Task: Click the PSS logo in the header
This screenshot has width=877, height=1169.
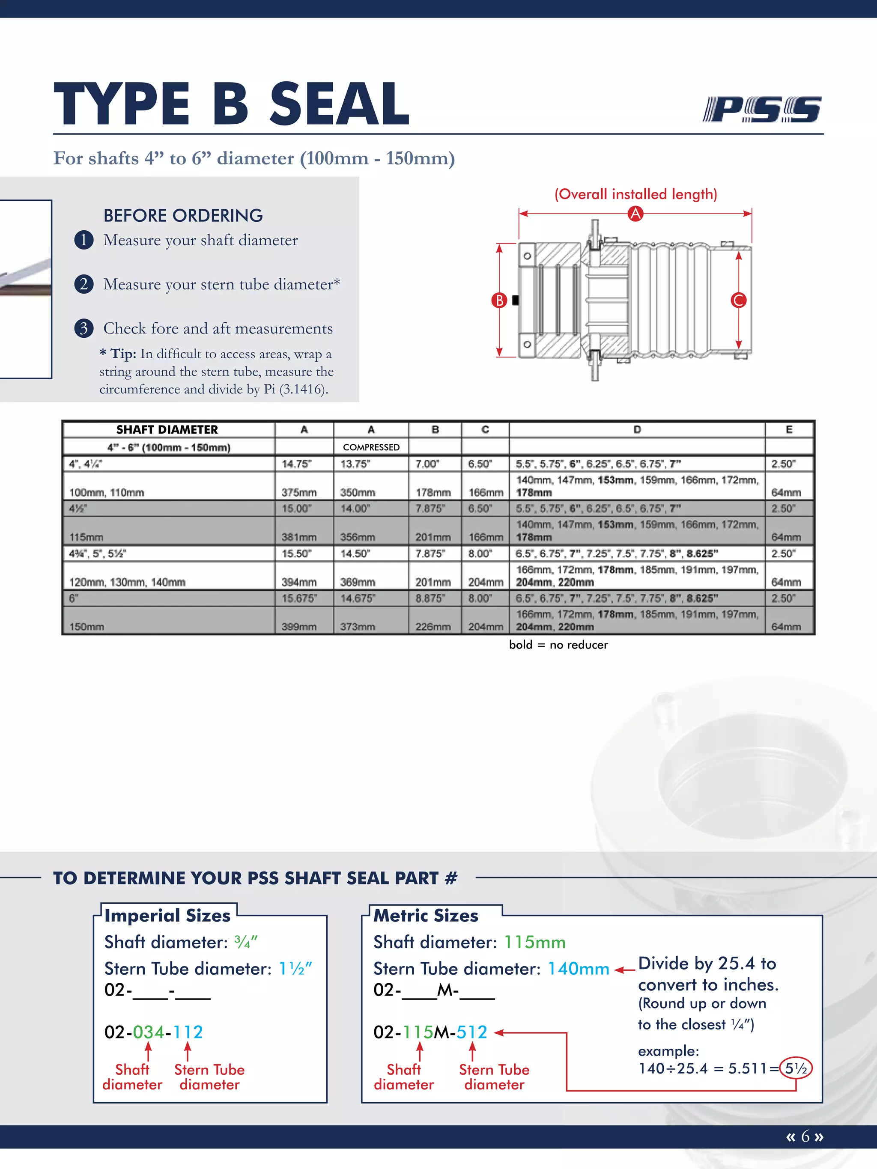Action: click(761, 110)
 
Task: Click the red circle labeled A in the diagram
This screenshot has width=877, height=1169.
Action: click(635, 214)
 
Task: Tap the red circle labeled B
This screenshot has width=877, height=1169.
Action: click(499, 300)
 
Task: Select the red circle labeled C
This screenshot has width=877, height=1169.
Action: click(739, 300)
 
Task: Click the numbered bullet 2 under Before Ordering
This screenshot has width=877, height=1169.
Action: click(84, 284)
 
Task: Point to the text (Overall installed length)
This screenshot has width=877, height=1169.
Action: click(635, 194)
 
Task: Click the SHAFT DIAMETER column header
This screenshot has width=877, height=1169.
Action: click(167, 430)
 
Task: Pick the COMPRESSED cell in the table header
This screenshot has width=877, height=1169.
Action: click(371, 447)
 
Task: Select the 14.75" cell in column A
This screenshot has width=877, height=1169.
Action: click(297, 464)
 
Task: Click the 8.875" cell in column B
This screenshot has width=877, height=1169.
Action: click(430, 598)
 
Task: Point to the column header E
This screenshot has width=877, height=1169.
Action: click(789, 430)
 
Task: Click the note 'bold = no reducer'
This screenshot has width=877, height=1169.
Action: click(558, 645)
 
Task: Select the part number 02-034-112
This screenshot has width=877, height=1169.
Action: click(153, 1032)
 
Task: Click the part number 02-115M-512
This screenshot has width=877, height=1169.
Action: click(430, 1032)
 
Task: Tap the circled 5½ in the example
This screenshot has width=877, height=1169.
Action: click(796, 1068)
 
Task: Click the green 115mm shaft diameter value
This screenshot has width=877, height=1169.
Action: click(534, 942)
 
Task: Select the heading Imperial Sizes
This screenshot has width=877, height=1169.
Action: click(167, 915)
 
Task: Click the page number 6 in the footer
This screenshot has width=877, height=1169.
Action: click(805, 1136)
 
